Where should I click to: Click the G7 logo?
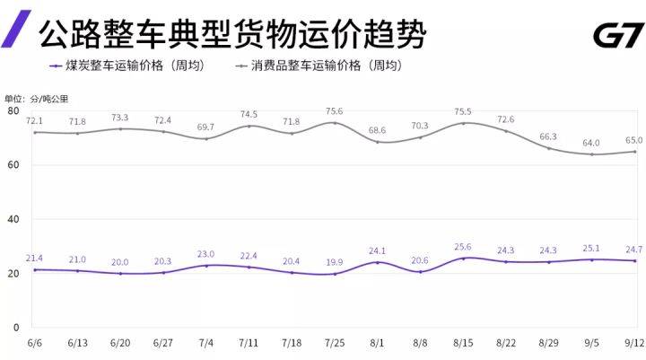tap(617, 36)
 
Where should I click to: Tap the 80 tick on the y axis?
tap(13, 110)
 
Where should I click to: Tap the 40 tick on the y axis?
tap(13, 219)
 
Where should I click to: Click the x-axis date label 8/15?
tap(463, 344)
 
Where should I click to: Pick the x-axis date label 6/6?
tap(36, 344)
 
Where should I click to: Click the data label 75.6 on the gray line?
tap(334, 111)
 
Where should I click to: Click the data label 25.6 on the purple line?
tap(463, 246)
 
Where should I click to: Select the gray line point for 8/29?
tap(548, 148)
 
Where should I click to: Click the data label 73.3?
tap(121, 118)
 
